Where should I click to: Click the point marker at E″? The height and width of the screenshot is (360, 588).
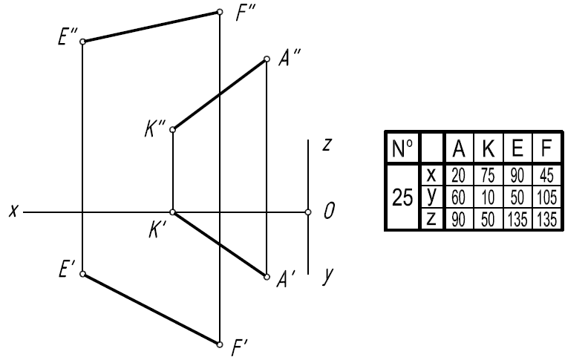click(82, 41)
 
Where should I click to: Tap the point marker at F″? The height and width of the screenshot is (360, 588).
click(219, 12)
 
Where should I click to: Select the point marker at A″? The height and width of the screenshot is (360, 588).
click(267, 59)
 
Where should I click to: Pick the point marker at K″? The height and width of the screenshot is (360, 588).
click(173, 130)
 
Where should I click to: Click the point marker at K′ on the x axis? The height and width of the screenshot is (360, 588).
click(173, 212)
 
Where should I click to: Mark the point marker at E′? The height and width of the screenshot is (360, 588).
click(82, 274)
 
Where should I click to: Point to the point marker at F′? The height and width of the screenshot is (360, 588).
click(219, 344)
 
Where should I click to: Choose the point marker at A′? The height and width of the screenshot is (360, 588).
click(267, 277)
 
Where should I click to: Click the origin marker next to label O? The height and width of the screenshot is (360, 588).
click(308, 212)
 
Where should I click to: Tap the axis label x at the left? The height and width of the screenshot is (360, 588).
click(13, 212)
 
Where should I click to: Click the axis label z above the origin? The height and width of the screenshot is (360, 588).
click(326, 145)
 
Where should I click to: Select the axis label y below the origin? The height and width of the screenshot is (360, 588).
click(326, 277)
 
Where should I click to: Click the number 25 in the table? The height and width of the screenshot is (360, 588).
click(402, 197)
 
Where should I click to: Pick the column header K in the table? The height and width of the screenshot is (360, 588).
click(488, 149)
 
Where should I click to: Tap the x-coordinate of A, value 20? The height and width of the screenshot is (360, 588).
click(459, 175)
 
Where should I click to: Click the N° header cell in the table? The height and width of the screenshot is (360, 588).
click(402, 149)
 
